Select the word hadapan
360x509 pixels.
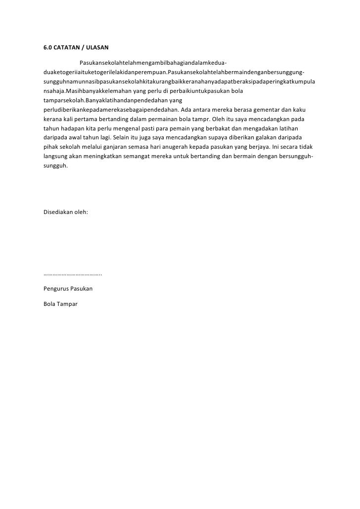point(70,128)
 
